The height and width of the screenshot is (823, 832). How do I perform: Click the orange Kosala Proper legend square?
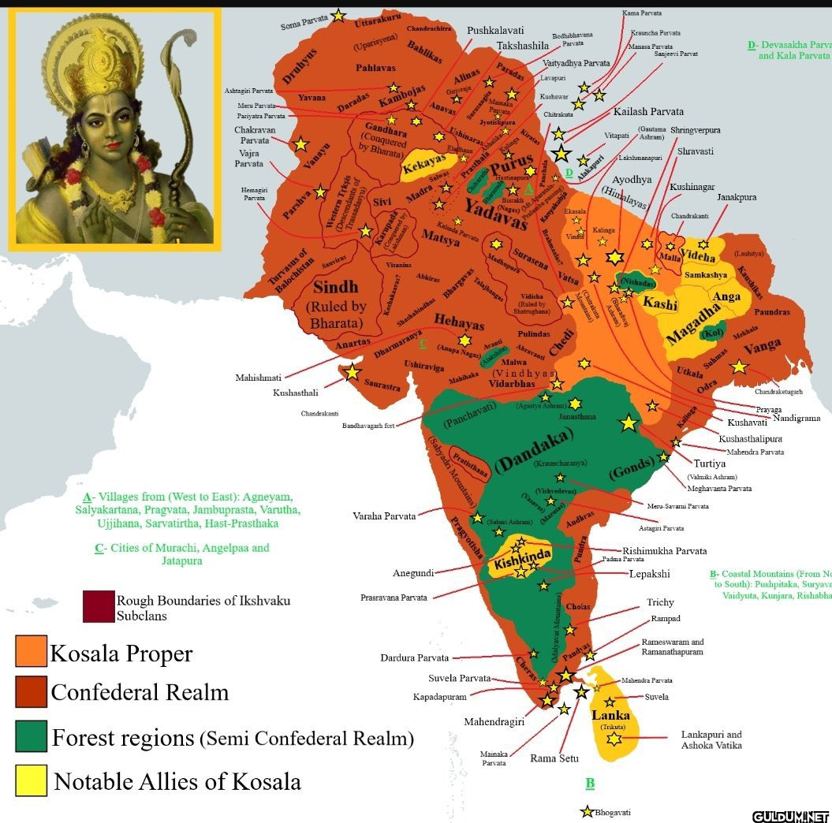point(31,651)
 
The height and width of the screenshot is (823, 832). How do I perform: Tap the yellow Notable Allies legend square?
point(31,780)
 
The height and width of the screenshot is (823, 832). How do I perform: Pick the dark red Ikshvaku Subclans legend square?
point(98,606)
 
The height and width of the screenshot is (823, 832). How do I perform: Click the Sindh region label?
point(337,286)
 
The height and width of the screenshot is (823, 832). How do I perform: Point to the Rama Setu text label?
point(554,759)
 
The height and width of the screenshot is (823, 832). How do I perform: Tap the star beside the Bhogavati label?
point(587,811)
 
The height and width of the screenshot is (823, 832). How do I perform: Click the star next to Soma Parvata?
point(338,14)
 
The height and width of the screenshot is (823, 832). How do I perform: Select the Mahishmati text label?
point(258,378)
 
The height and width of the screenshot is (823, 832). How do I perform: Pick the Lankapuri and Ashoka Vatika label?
point(711,739)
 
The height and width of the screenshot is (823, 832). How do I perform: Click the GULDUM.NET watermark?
point(790,815)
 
